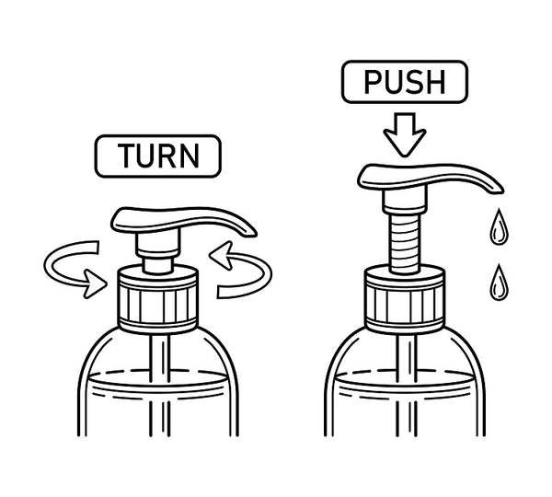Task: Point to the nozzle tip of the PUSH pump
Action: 500,190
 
